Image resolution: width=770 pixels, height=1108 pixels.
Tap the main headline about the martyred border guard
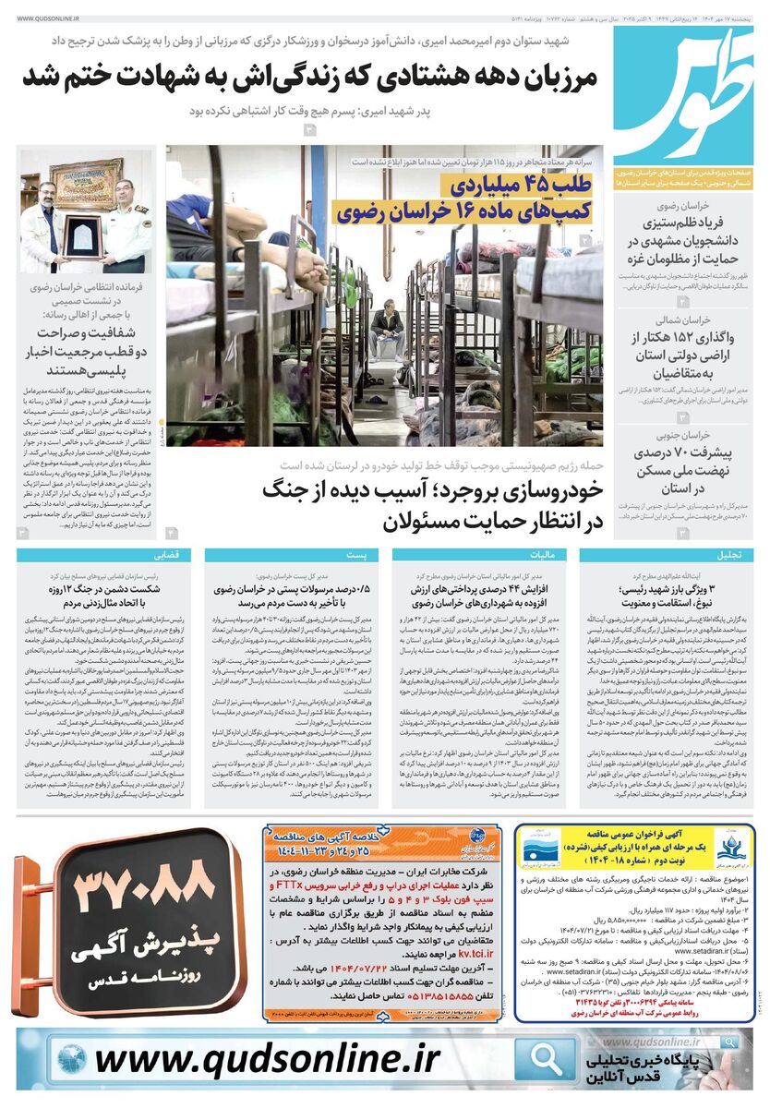pos(311,80)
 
